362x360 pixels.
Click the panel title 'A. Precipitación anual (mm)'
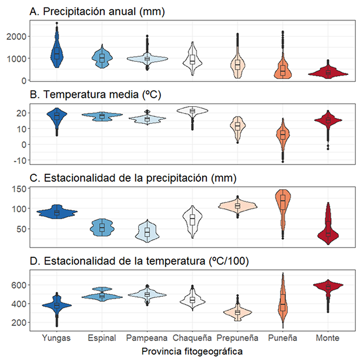tap(98, 12)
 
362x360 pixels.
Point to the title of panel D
tap(139, 262)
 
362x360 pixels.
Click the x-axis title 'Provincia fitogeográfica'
tap(192, 351)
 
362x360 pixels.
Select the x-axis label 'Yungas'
tap(57, 338)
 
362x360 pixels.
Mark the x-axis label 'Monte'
tap(328, 338)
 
